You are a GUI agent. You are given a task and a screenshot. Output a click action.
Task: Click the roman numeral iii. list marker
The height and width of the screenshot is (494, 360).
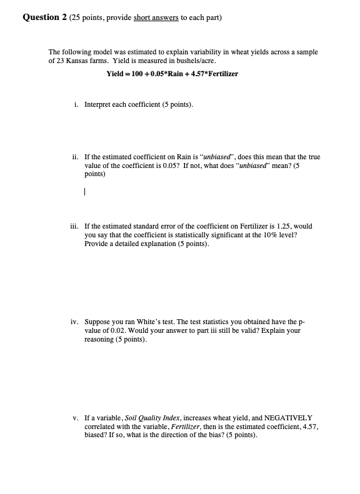pyautogui.click(x=74, y=226)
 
